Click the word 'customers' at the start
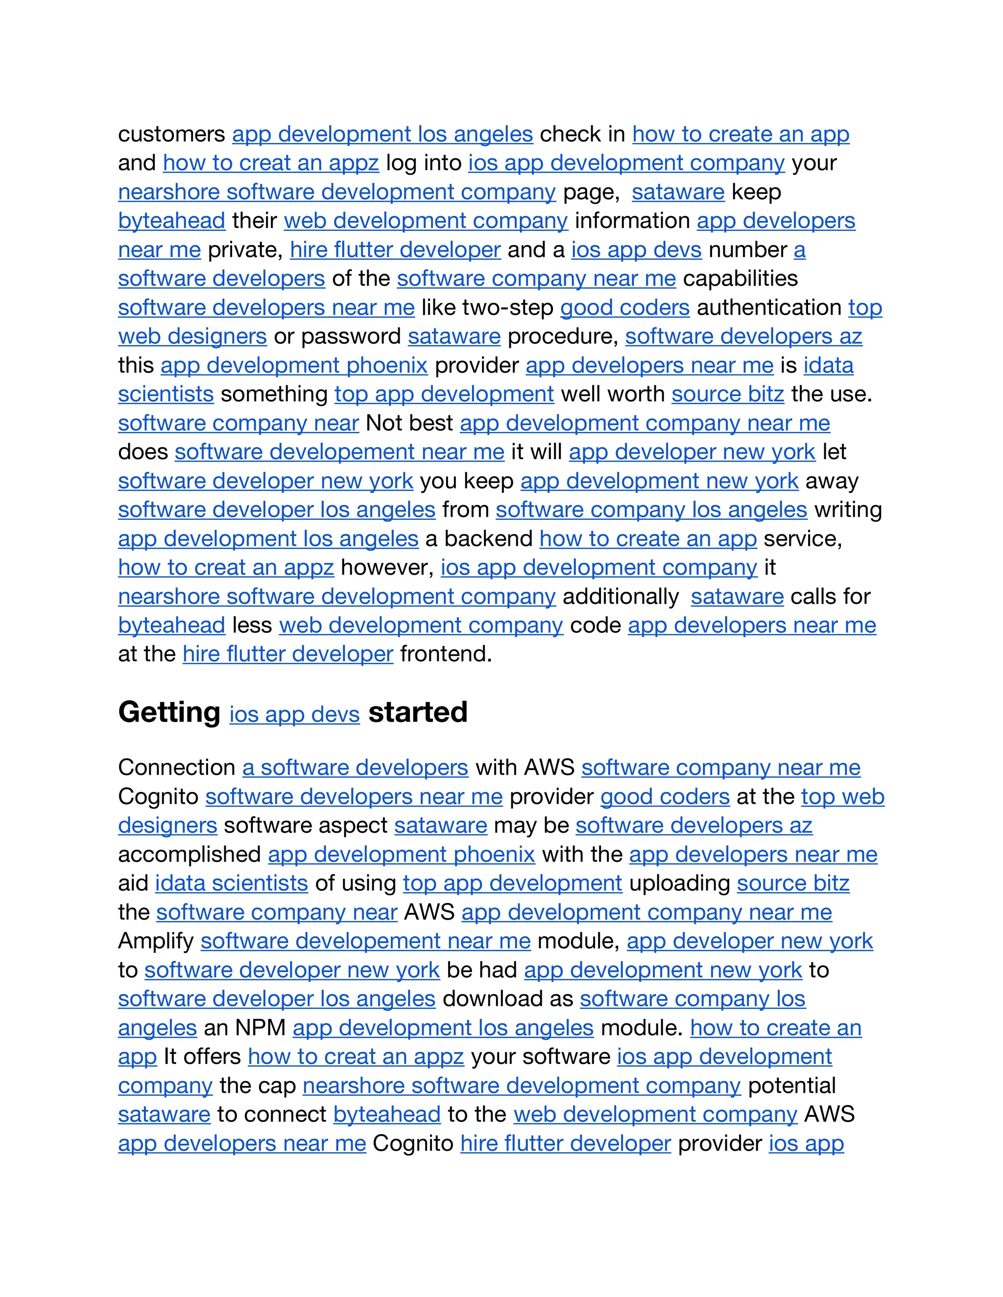(x=171, y=135)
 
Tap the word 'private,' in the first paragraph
(x=245, y=250)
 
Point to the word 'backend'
(x=488, y=539)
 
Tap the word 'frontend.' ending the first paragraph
(x=446, y=654)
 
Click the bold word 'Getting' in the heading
(x=169, y=712)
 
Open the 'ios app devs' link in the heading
(x=295, y=715)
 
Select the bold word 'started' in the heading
(x=418, y=712)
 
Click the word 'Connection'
(x=176, y=768)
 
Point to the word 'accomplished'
(x=189, y=855)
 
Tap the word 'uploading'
(x=679, y=883)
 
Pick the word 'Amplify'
(x=156, y=941)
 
